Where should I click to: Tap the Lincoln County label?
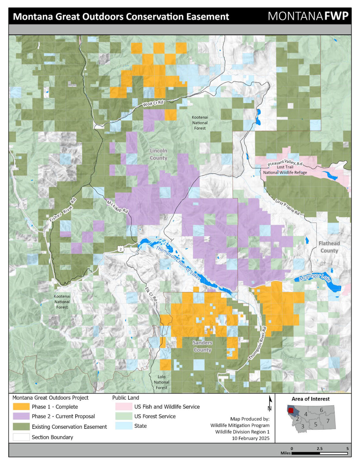tap(158, 154)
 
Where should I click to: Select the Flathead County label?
tap(329, 247)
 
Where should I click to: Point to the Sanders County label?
tap(202, 346)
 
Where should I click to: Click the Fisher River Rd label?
tap(63, 210)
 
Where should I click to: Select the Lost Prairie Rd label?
tap(287, 207)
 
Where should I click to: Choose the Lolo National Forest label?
tap(161, 382)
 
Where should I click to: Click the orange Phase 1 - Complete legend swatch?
tap(21, 407)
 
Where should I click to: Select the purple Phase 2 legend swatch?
tap(21, 416)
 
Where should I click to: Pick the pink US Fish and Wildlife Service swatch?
tap(124, 407)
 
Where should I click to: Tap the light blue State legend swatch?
tap(124, 426)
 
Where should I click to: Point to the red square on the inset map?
tap(291, 410)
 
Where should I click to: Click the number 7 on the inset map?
tap(328, 421)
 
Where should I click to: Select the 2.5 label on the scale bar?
tap(319, 449)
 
